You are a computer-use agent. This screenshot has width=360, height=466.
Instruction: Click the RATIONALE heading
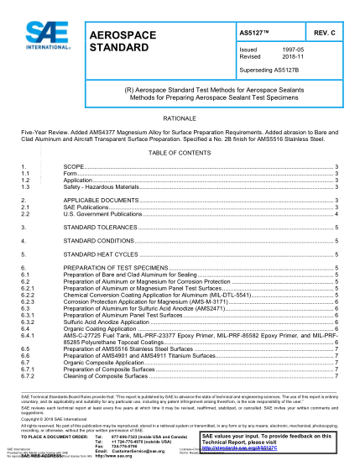pyautogui.click(x=180, y=118)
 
